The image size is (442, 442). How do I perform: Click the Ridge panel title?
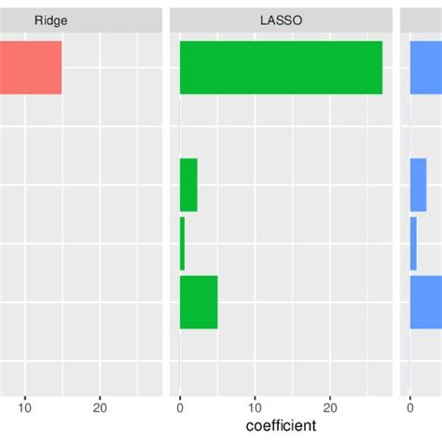[50, 20]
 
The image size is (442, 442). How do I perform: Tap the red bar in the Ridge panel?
[30, 67]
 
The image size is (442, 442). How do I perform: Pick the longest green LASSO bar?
[281, 67]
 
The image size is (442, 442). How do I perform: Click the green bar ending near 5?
[199, 302]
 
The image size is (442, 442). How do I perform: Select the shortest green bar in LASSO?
[182, 243]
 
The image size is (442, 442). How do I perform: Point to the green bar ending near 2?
[188, 185]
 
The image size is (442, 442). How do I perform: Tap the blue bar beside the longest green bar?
[426, 67]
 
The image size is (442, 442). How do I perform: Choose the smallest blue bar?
[413, 243]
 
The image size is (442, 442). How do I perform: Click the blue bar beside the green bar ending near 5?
[426, 302]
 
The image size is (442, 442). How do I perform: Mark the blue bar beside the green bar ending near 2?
[418, 185]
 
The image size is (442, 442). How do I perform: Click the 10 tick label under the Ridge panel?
[25, 407]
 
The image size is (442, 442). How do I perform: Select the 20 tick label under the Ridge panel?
[101, 407]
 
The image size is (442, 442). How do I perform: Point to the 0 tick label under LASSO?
[180, 407]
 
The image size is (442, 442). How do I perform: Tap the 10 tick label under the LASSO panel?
[255, 407]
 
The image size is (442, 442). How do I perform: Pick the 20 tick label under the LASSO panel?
[330, 407]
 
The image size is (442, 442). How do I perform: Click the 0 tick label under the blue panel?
[410, 407]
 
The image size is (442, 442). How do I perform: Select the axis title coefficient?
[280, 426]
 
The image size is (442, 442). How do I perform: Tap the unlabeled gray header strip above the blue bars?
[421, 20]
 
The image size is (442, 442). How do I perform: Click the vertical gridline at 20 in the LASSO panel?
[330, 140]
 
